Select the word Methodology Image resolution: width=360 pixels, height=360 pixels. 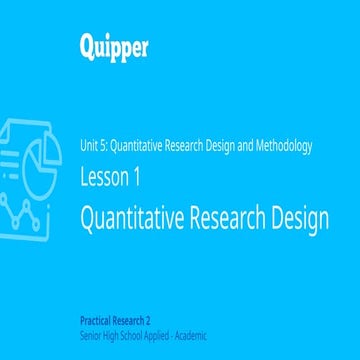(x=285, y=145)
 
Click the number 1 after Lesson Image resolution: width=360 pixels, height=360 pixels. (x=135, y=178)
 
